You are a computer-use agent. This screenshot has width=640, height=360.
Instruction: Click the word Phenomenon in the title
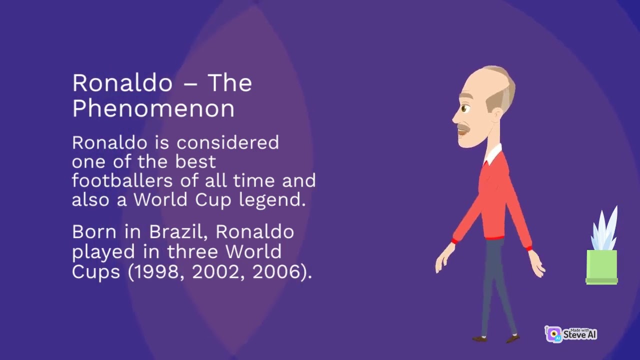(x=153, y=108)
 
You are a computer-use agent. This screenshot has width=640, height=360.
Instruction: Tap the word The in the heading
(x=229, y=83)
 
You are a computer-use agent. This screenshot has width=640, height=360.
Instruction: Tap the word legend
(x=278, y=200)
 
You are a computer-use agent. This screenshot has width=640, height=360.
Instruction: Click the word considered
(x=227, y=143)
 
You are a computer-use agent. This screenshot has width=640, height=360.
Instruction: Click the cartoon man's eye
(x=465, y=108)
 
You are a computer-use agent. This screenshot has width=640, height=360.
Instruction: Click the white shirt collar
(x=493, y=154)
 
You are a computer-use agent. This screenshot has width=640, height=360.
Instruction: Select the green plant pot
(x=601, y=266)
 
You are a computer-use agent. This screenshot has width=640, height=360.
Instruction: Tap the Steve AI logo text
(x=580, y=334)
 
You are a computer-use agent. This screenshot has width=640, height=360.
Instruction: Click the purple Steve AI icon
(x=553, y=334)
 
